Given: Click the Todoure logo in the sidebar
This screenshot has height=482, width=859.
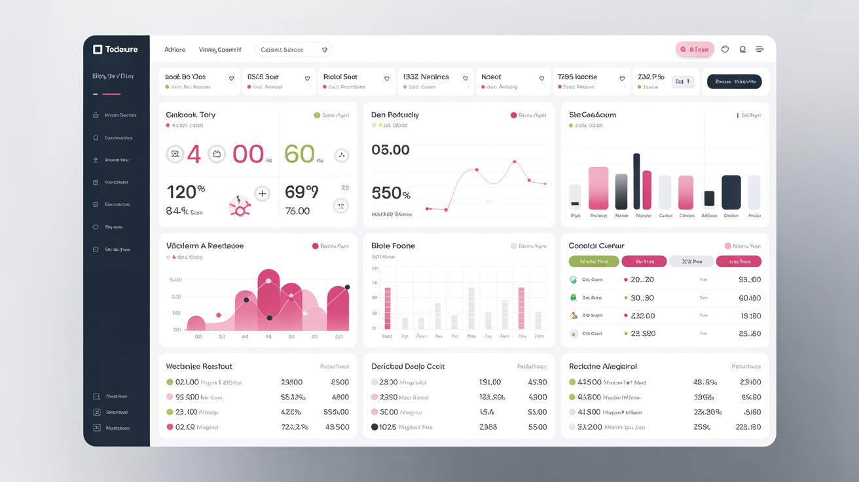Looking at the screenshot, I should [x=115, y=50].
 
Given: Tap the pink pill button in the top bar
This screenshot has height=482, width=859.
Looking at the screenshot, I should [x=695, y=49].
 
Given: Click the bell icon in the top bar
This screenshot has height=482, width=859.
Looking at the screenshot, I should [x=742, y=49].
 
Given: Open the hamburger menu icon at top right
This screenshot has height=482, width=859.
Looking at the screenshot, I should [x=759, y=49].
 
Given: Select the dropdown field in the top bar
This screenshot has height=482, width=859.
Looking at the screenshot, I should [x=293, y=50].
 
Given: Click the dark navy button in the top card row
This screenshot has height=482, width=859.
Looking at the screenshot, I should [x=734, y=82].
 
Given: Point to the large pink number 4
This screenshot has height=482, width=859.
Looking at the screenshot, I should [x=194, y=155].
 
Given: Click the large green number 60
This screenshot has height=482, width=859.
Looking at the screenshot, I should [x=300, y=155].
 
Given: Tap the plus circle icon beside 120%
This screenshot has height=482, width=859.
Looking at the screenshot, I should [x=262, y=193].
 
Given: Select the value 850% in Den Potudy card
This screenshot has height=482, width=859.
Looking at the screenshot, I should [x=391, y=193].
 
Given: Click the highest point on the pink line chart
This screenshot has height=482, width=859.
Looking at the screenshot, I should [x=515, y=161].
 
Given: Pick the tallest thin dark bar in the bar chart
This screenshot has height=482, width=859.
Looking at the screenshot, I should [x=636, y=181].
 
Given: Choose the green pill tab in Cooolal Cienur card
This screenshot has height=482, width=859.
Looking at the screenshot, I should [x=593, y=261].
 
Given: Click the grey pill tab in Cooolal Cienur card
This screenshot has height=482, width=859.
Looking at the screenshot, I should [x=691, y=261].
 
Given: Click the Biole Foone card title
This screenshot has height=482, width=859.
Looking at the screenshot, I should [x=393, y=246].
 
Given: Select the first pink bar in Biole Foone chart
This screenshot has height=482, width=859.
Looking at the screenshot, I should [x=388, y=308].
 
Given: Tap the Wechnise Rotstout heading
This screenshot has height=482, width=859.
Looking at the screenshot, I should [x=199, y=366].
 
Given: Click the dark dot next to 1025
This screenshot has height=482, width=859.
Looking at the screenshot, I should [x=375, y=427].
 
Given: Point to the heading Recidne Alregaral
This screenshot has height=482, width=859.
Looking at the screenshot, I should [x=602, y=366].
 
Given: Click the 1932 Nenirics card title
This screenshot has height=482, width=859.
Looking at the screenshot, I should [x=426, y=77].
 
